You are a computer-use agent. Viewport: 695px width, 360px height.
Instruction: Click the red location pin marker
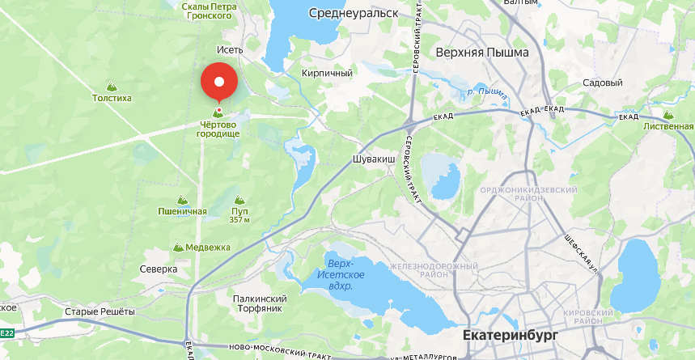pos(218,82)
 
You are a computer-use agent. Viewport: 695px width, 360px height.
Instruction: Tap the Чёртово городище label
pos(218,128)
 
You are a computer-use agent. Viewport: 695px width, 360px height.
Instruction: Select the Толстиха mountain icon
pos(112,86)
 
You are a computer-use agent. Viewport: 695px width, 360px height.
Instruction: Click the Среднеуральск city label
pos(354,13)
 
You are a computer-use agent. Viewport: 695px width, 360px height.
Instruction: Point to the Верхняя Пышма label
pos(481,53)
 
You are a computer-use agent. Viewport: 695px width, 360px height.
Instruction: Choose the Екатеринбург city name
pos(511,335)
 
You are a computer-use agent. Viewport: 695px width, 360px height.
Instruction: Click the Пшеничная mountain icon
pos(182,200)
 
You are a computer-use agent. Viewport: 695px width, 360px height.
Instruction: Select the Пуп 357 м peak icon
pos(239,200)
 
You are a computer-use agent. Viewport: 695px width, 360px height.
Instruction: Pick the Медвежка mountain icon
pos(178,247)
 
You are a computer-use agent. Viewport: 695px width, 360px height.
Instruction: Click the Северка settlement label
pos(159,269)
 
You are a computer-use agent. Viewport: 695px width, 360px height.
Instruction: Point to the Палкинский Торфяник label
pos(260,303)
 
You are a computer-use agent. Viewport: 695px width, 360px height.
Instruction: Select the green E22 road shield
pos(6,332)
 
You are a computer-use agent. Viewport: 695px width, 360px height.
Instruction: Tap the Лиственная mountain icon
pos(667,115)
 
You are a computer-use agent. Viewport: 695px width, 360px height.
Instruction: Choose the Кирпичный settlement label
pos(327,73)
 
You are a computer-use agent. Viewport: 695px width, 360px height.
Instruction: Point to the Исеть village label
pos(230,49)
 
